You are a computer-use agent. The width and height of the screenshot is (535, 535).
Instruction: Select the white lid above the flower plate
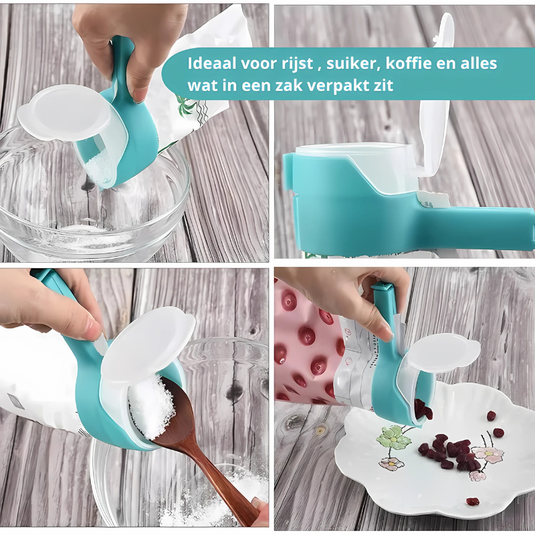click(445, 351)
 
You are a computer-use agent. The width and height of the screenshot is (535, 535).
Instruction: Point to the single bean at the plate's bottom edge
click(472, 501)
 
